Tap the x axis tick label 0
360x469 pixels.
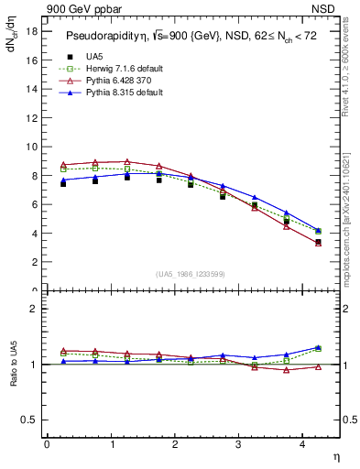pos(46,444)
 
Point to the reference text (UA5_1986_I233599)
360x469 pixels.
pos(191,275)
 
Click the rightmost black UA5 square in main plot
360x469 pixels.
pos(318,242)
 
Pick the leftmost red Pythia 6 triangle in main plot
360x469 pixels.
pos(62,165)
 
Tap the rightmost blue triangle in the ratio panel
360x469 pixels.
pos(318,347)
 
